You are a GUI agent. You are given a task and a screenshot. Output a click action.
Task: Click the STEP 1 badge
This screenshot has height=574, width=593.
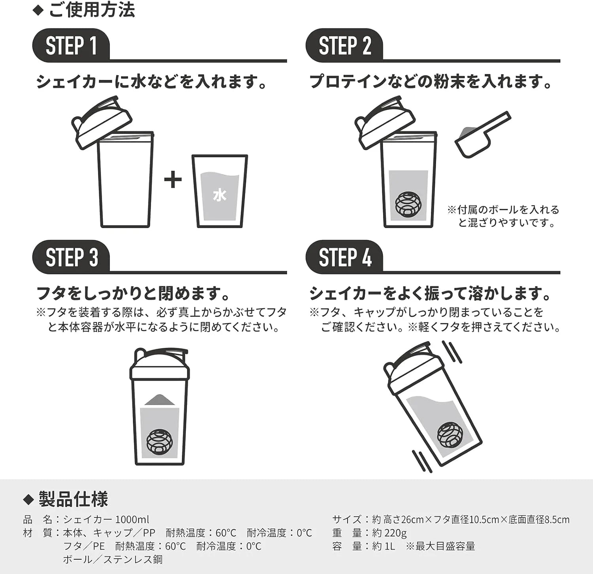[71, 45]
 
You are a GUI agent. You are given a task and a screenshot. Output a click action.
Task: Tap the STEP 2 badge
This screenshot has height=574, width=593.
[344, 45]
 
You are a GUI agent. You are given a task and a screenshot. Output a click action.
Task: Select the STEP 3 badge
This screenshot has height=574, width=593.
[71, 257]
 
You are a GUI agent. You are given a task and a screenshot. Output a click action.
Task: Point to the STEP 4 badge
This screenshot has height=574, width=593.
[344, 257]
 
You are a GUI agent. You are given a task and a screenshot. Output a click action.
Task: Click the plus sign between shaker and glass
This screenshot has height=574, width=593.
[173, 180]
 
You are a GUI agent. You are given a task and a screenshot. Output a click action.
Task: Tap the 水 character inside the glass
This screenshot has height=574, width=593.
[219, 195]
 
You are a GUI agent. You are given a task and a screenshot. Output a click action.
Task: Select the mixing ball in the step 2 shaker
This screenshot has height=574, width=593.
[408, 204]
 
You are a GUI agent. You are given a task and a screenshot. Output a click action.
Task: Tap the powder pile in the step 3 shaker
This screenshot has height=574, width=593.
[160, 400]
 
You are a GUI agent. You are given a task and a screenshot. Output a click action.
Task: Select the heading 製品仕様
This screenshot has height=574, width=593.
[73, 499]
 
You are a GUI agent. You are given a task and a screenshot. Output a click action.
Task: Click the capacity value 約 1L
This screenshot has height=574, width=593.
[383, 546]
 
